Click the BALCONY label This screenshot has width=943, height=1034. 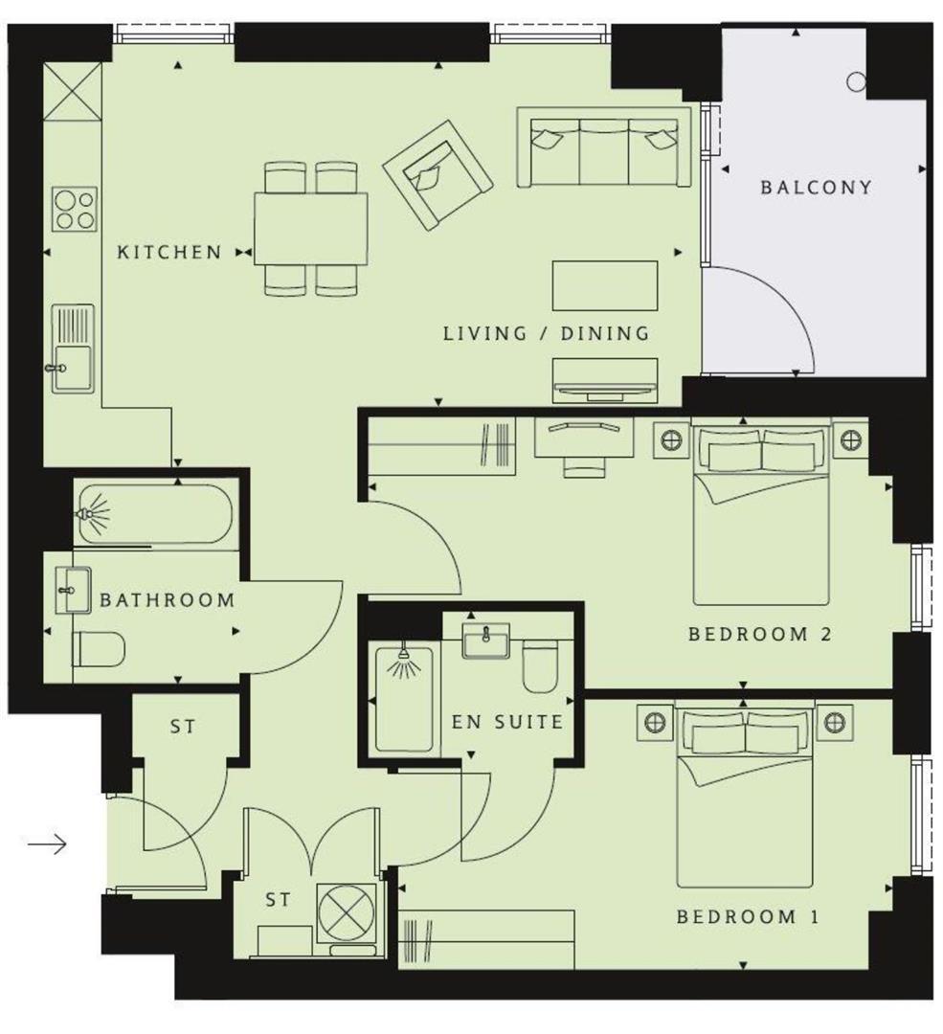[x=816, y=187]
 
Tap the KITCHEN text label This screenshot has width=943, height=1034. [x=168, y=253]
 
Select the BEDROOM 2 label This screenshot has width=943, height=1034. [x=758, y=634]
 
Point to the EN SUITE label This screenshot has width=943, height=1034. [x=506, y=722]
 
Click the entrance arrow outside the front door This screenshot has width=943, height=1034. [x=46, y=843]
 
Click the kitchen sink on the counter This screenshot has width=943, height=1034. [x=73, y=348]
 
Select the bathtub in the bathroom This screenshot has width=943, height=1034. [x=154, y=514]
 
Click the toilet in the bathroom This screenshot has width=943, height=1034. [x=99, y=650]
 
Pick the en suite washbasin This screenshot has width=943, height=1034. [x=485, y=641]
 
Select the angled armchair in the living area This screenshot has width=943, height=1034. [x=438, y=174]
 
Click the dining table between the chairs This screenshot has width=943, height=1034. [x=311, y=230]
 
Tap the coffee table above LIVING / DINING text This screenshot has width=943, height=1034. [x=604, y=285]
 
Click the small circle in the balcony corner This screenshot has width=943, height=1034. [x=856, y=82]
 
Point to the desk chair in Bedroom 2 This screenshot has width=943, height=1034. [x=582, y=465]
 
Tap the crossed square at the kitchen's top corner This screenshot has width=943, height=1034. [x=72, y=91]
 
